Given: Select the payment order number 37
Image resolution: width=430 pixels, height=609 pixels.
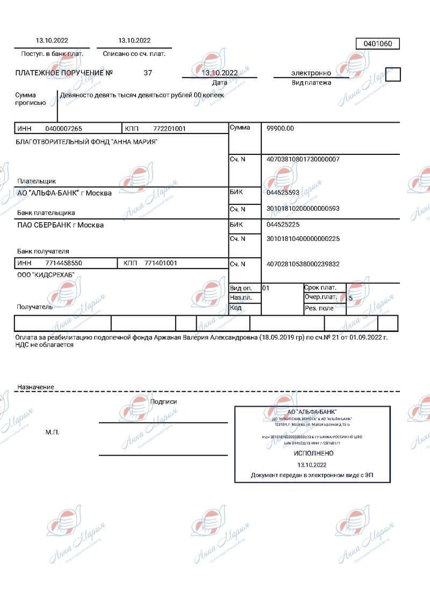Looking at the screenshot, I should [x=148, y=73].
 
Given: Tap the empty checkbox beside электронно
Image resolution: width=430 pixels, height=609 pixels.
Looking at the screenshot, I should [x=393, y=74].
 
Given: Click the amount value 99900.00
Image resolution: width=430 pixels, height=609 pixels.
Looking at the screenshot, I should [x=280, y=129].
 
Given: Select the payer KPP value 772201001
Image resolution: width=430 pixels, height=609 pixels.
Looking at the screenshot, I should [x=169, y=129].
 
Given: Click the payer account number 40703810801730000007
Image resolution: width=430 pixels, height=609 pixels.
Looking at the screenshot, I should [x=303, y=159].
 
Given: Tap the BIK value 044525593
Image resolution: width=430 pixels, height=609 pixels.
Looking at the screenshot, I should [x=283, y=192].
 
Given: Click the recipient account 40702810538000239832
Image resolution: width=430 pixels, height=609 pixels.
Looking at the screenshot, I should [x=303, y=264].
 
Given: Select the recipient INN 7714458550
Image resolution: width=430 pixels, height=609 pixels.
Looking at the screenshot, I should [x=63, y=263].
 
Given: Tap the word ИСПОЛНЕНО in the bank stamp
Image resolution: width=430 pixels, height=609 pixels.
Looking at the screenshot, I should [x=311, y=454].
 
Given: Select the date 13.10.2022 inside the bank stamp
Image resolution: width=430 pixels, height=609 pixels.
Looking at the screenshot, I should [x=311, y=464].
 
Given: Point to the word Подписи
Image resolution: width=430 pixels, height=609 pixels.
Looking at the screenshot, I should [x=164, y=401].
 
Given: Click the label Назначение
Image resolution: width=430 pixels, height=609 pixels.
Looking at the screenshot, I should [x=35, y=387].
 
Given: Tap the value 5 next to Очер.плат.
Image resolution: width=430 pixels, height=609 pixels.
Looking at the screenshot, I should [x=350, y=298].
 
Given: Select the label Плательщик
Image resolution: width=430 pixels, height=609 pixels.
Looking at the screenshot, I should [x=37, y=181].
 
